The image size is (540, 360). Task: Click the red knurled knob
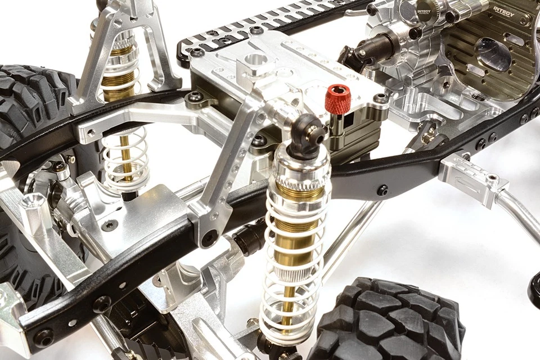(x=337, y=99)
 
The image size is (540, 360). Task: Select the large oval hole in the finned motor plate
(x=493, y=54)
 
